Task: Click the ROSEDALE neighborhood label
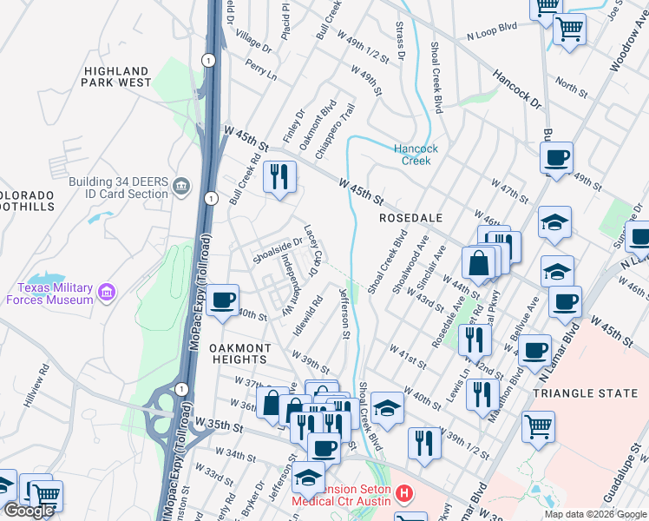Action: tap(411, 218)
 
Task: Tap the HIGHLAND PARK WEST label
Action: tap(117, 76)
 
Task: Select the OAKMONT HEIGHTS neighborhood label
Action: tap(239, 353)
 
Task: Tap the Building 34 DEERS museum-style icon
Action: tap(181, 186)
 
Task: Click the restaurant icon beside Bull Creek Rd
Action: tap(279, 177)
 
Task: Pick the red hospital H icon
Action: tap(403, 495)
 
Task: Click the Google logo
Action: tap(29, 511)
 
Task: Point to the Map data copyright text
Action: tap(595, 513)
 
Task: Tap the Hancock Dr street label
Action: tap(517, 89)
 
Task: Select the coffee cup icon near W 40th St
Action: tap(223, 299)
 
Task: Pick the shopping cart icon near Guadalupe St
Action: tap(539, 426)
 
